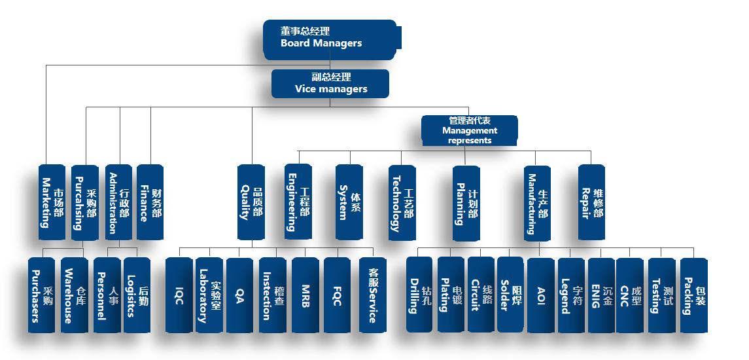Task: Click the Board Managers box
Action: click(330, 38)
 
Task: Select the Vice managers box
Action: click(330, 83)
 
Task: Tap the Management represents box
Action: click(469, 130)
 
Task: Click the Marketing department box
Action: click(52, 202)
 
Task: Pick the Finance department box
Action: click(150, 202)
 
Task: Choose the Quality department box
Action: click(251, 202)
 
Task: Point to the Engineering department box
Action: click(298, 202)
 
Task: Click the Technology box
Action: click(402, 202)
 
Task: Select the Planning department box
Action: click(466, 202)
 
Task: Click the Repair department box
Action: click(591, 202)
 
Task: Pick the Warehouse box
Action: click(74, 295)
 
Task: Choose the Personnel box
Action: click(107, 295)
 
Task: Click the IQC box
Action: click(179, 295)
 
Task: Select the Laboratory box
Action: click(209, 295)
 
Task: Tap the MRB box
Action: click(305, 295)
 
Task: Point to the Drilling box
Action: click(419, 295)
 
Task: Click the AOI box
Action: click(540, 295)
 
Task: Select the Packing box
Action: click(694, 295)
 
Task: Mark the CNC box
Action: click(630, 295)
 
